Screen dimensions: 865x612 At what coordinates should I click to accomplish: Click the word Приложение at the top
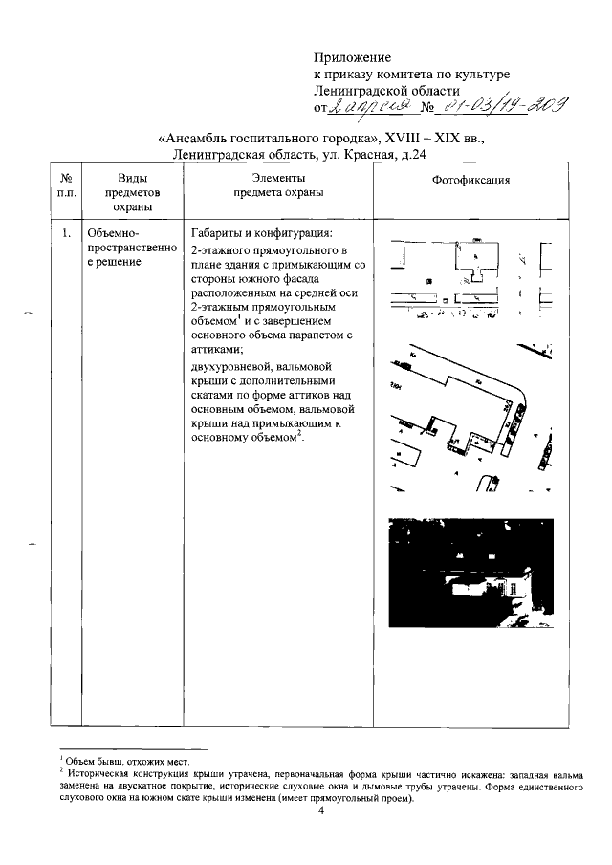pos(353,58)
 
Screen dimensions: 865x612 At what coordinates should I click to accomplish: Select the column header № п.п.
pos(66,185)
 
